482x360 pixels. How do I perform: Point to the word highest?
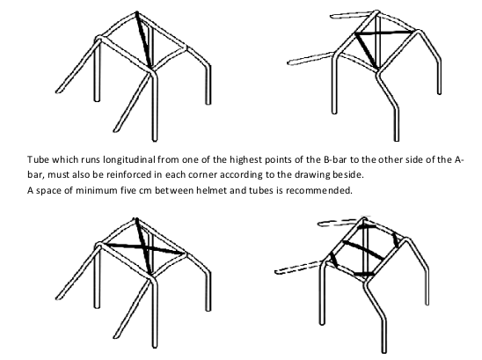point(246,160)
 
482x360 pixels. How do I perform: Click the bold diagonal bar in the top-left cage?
point(143,40)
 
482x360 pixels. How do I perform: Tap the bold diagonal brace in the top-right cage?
point(366,50)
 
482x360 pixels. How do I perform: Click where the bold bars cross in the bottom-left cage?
point(144,247)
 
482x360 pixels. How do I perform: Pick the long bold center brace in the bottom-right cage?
point(363,250)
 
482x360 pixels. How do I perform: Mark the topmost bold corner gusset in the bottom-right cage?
point(367,226)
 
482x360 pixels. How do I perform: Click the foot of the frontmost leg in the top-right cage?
point(397,139)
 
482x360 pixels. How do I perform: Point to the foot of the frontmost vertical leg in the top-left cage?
point(155,139)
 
